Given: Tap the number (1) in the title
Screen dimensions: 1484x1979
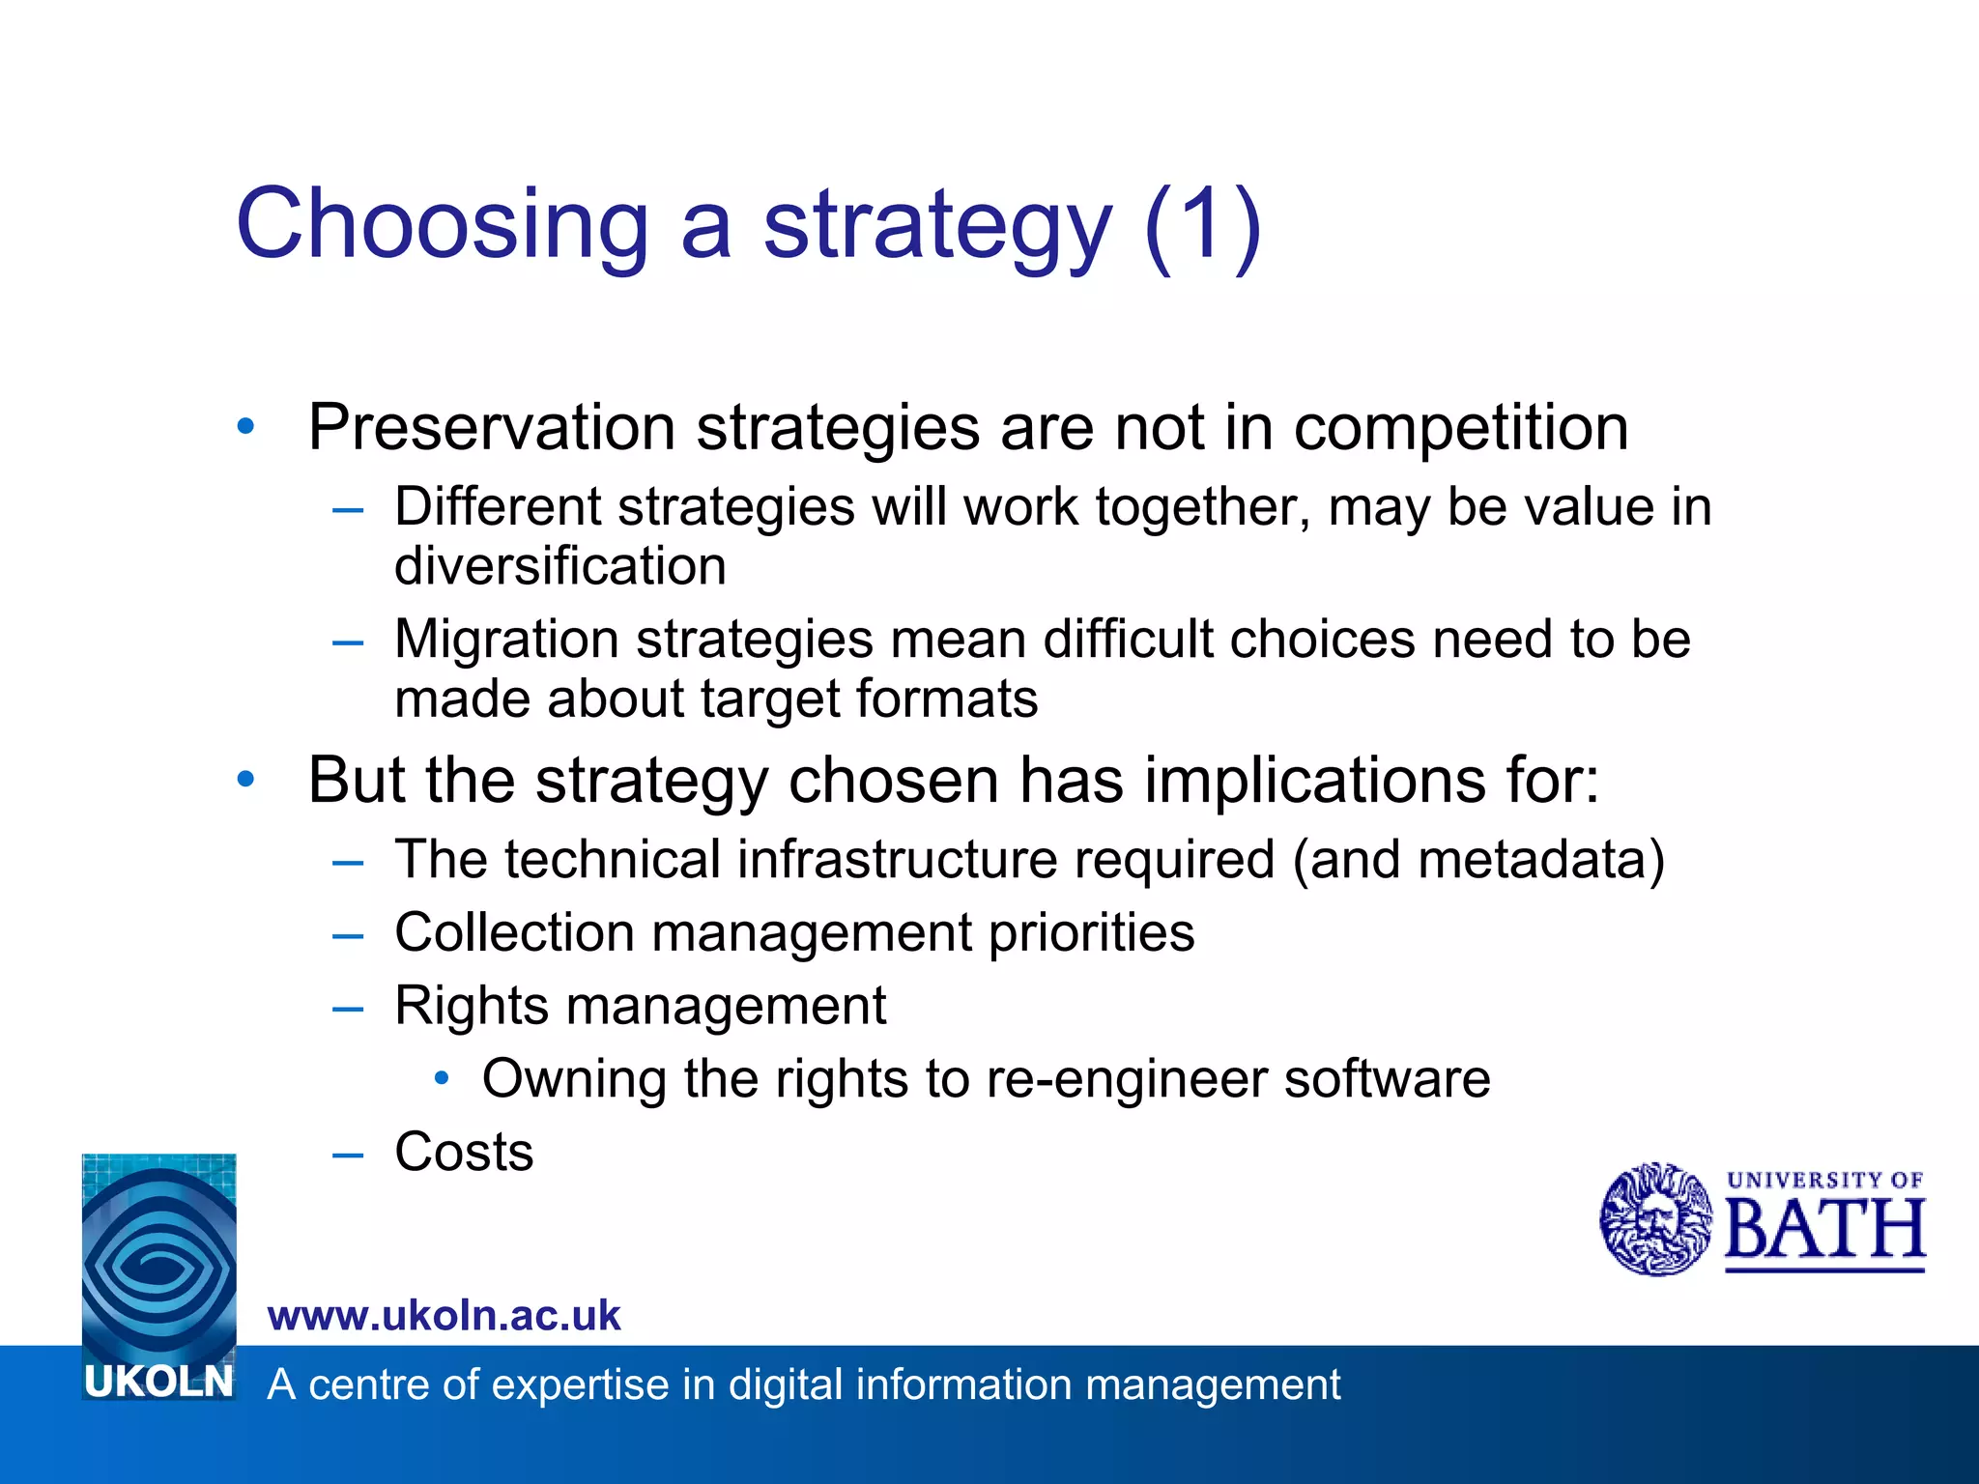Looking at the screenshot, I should tap(1202, 224).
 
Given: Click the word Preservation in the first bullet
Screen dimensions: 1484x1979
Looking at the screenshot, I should tap(491, 427).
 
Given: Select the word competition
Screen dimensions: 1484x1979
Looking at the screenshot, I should tap(1460, 427).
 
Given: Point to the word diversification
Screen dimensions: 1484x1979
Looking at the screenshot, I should tap(559, 566).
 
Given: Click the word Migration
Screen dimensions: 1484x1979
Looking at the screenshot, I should tap(506, 640).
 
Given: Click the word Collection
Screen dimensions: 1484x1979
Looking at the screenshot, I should tap(514, 932).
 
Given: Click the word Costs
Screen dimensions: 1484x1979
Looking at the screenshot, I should tap(464, 1152).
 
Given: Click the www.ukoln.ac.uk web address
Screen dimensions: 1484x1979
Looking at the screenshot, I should tap(444, 1316).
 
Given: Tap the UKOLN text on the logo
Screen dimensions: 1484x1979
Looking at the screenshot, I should tap(158, 1382).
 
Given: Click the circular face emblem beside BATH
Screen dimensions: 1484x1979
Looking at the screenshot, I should tap(1655, 1219).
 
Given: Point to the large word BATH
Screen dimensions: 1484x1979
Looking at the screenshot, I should tap(1823, 1229).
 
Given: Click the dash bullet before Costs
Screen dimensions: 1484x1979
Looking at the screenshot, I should tap(347, 1154).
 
